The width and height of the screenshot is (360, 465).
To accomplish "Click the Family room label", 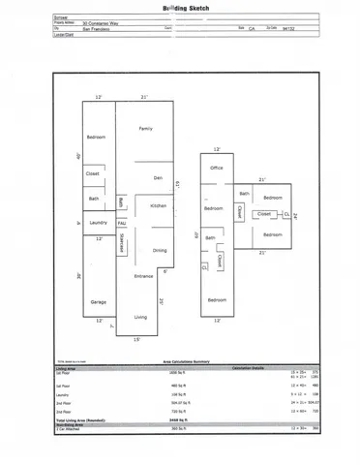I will click(x=146, y=129).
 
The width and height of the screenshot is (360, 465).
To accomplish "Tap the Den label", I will click(x=157, y=178).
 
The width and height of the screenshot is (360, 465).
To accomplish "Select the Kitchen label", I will click(x=159, y=206).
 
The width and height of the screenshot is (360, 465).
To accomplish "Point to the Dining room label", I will click(x=160, y=251).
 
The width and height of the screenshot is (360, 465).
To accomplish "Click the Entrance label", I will click(x=143, y=276).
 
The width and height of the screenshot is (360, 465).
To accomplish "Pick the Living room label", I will click(x=140, y=317).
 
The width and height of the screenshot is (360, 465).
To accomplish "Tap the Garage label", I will click(x=98, y=303).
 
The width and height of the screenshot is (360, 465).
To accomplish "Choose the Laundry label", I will click(x=97, y=224).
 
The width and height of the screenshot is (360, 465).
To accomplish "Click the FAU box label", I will click(x=121, y=224).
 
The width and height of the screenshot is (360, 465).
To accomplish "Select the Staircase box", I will click(x=122, y=244).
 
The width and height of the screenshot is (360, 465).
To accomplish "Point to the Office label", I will click(x=217, y=169).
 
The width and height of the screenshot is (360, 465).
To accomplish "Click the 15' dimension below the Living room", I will click(x=137, y=339).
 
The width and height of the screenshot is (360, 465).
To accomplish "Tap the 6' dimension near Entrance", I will click(x=165, y=271).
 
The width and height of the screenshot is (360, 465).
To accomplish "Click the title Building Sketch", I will click(x=180, y=7).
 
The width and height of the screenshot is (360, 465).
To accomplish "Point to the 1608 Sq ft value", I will click(x=181, y=371).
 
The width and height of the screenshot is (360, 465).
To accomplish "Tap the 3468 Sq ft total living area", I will click(x=181, y=419).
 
